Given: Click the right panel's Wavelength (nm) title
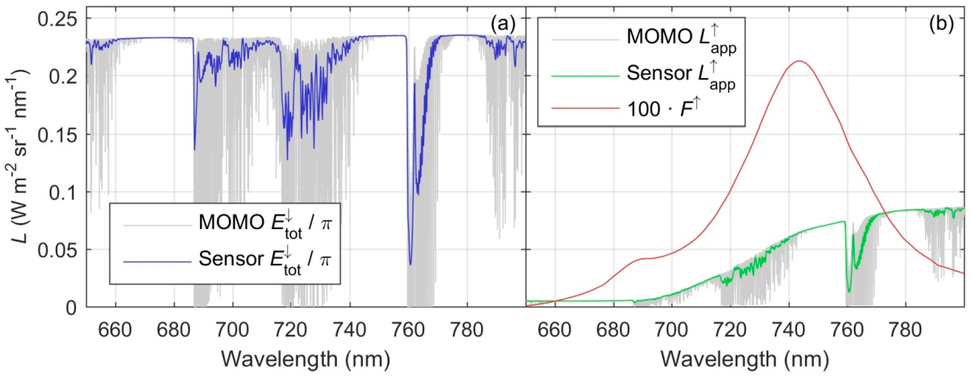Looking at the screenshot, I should pyautogui.click(x=744, y=359).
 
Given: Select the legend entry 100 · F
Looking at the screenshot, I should pyautogui.click(x=664, y=109).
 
